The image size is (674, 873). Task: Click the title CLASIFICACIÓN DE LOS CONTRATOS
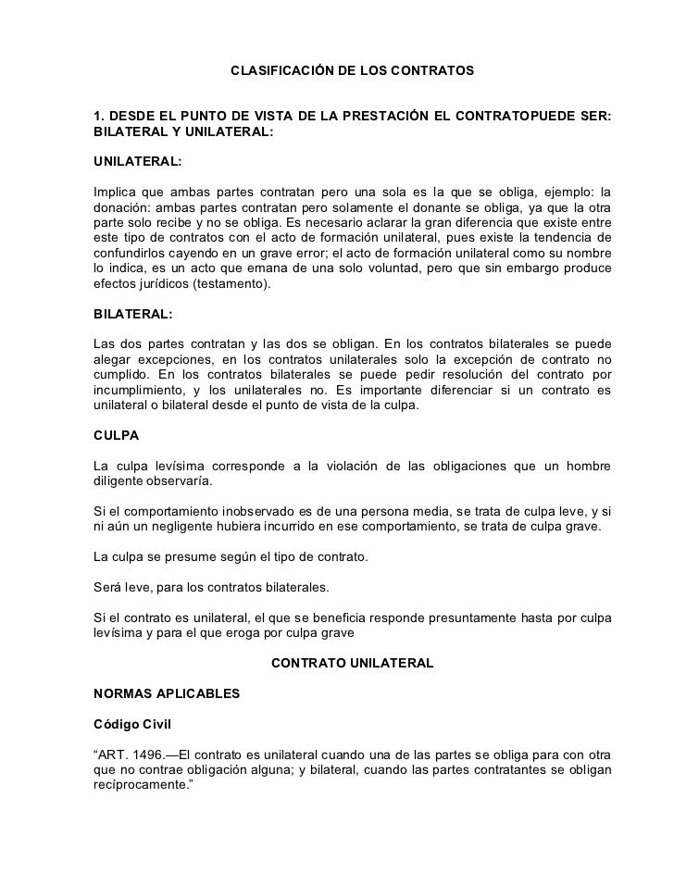coord(352,70)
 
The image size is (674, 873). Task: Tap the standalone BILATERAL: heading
coord(133,314)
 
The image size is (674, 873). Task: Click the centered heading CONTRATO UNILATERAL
coord(352,664)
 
